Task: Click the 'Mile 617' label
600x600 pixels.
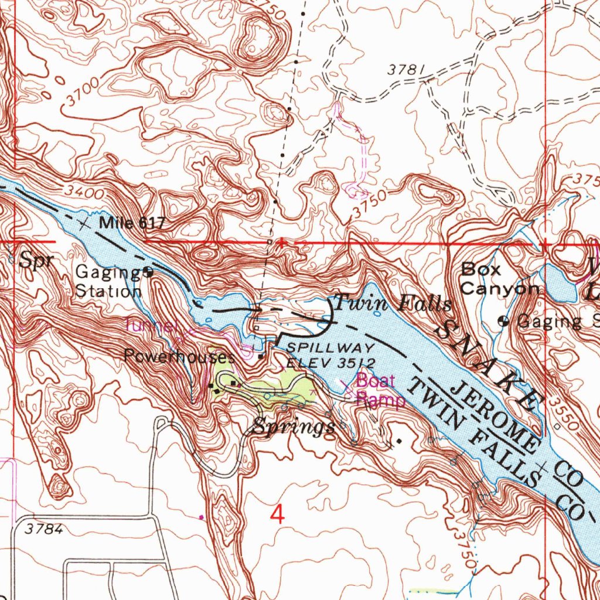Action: (x=133, y=223)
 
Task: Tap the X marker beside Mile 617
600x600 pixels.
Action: (x=86, y=223)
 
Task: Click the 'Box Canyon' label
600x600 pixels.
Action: (x=499, y=279)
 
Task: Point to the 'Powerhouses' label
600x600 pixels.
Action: (x=179, y=356)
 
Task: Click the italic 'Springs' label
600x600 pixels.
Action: (x=294, y=427)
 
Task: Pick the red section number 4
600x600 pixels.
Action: (x=278, y=515)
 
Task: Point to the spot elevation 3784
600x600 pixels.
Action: (x=44, y=529)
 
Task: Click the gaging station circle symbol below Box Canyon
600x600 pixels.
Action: (x=503, y=321)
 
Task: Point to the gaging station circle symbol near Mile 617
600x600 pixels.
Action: (x=148, y=272)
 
